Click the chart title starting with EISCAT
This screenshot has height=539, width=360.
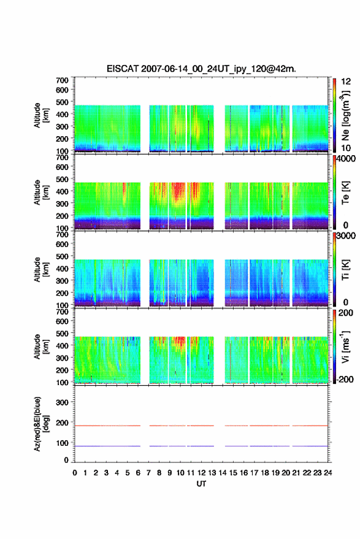click(201, 69)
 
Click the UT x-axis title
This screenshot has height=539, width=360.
click(201, 484)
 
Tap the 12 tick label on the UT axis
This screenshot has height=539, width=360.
click(202, 473)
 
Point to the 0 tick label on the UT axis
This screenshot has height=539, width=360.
click(75, 473)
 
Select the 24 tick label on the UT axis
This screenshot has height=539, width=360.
click(328, 473)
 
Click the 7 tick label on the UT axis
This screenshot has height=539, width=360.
click(148, 473)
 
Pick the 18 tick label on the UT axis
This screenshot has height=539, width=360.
click(265, 473)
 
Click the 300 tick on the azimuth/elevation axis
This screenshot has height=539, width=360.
click(62, 402)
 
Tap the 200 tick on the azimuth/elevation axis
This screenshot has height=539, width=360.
click(62, 422)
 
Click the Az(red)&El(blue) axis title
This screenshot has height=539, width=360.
click(41, 424)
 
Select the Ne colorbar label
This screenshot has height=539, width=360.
click(345, 115)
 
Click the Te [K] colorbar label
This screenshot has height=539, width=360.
click(345, 193)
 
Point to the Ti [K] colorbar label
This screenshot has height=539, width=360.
click(345, 270)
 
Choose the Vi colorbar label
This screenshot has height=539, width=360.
click(345, 347)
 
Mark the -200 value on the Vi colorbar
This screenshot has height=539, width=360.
click(344, 379)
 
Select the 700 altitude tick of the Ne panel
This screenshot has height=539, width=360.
click(62, 80)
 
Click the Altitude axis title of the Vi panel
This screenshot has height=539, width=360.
click(41, 346)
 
